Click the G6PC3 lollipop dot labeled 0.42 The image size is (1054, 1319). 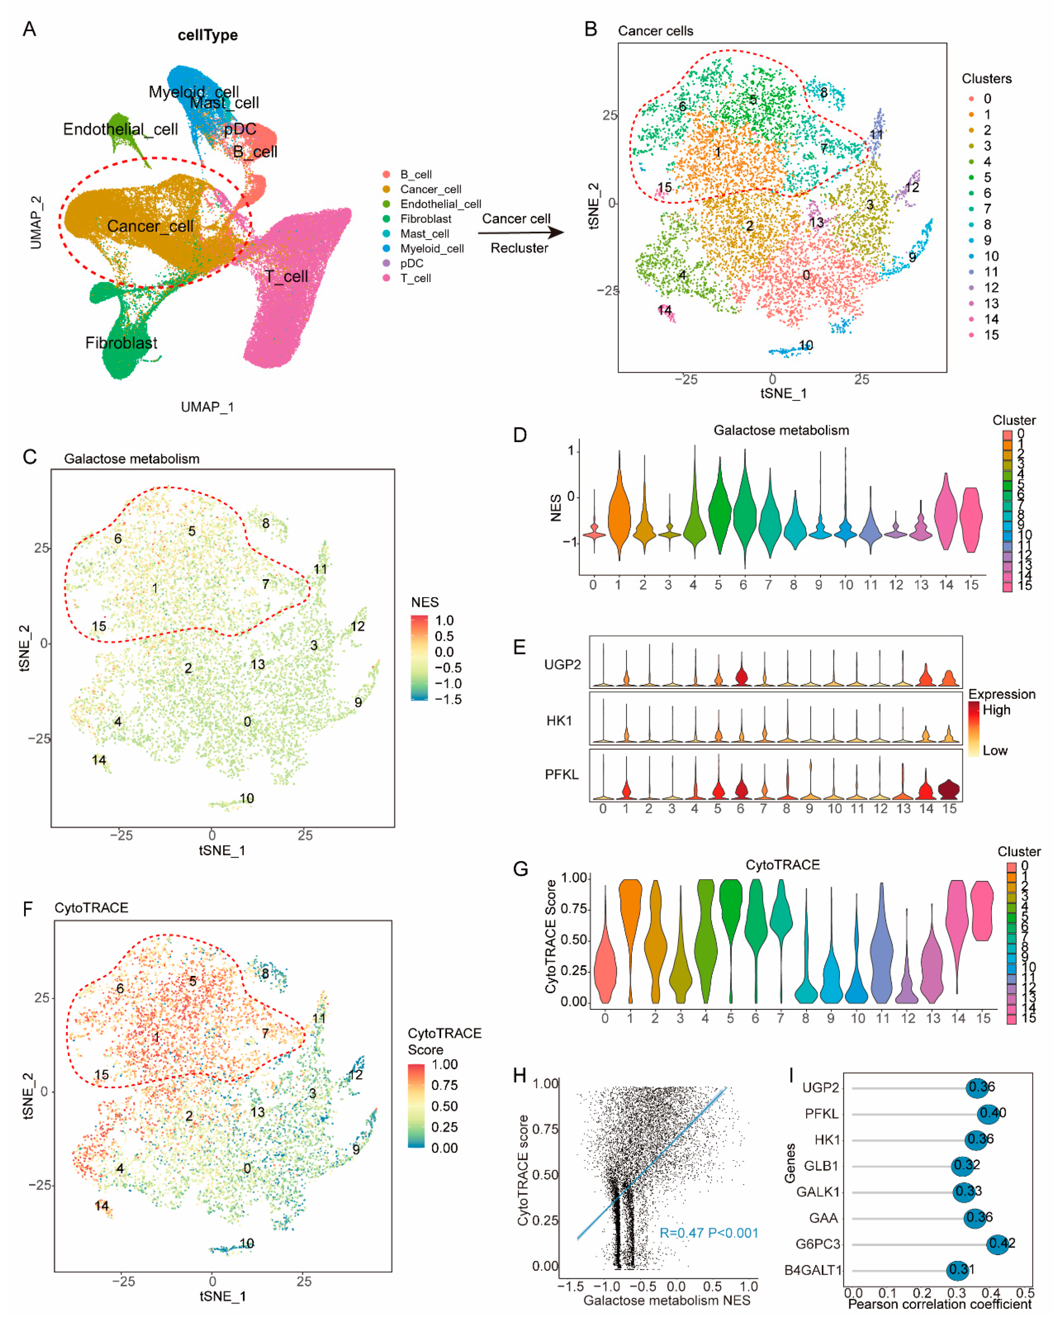(998, 1244)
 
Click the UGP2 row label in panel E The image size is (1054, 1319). (562, 665)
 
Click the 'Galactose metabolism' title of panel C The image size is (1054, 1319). (131, 459)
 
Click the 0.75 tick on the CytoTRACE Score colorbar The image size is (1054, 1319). (445, 1085)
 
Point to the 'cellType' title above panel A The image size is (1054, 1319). (207, 35)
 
